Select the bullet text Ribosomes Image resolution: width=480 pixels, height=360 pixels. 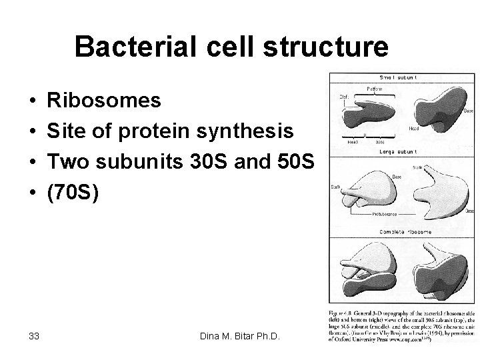[x=105, y=101]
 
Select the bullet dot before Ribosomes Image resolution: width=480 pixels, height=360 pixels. [x=32, y=101]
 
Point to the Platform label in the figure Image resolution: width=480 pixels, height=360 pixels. [x=375, y=89]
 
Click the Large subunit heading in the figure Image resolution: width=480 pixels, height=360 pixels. [x=398, y=151]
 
